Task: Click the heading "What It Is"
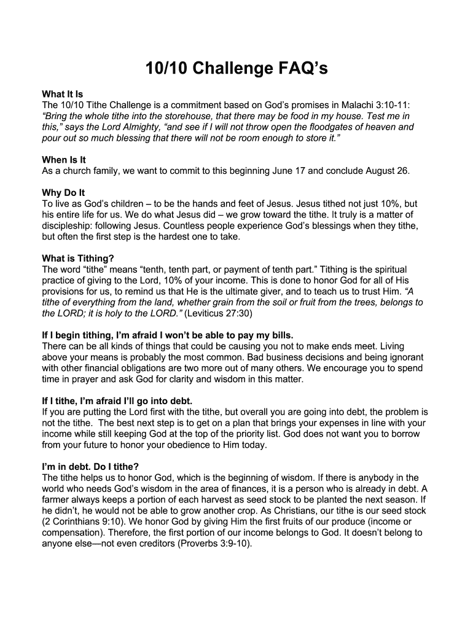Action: (62, 94)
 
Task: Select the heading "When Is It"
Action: (63, 160)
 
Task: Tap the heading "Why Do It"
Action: (63, 193)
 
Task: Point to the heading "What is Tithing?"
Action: (78, 258)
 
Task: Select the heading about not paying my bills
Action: (168, 335)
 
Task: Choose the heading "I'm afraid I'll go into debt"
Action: (117, 400)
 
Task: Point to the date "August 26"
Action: (387, 171)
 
